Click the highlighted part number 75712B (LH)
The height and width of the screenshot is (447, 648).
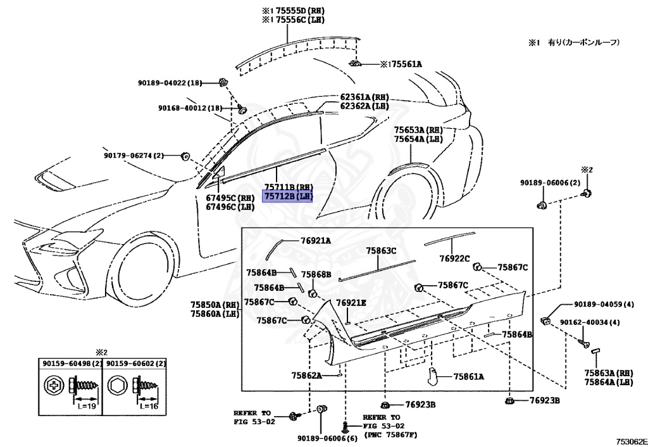288,197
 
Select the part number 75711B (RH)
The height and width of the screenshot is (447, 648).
288,188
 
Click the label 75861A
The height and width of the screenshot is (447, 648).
468,377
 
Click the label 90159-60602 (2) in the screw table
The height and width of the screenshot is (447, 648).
135,364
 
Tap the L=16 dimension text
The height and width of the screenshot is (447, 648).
152,406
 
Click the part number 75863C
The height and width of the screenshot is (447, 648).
381,251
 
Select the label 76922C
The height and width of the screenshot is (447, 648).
454,258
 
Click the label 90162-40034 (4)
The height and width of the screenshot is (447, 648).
589,322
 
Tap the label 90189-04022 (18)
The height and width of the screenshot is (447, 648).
170,82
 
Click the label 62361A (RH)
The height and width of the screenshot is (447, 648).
364,97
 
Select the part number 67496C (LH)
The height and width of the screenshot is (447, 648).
229,206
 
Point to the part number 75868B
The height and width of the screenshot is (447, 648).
316,274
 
